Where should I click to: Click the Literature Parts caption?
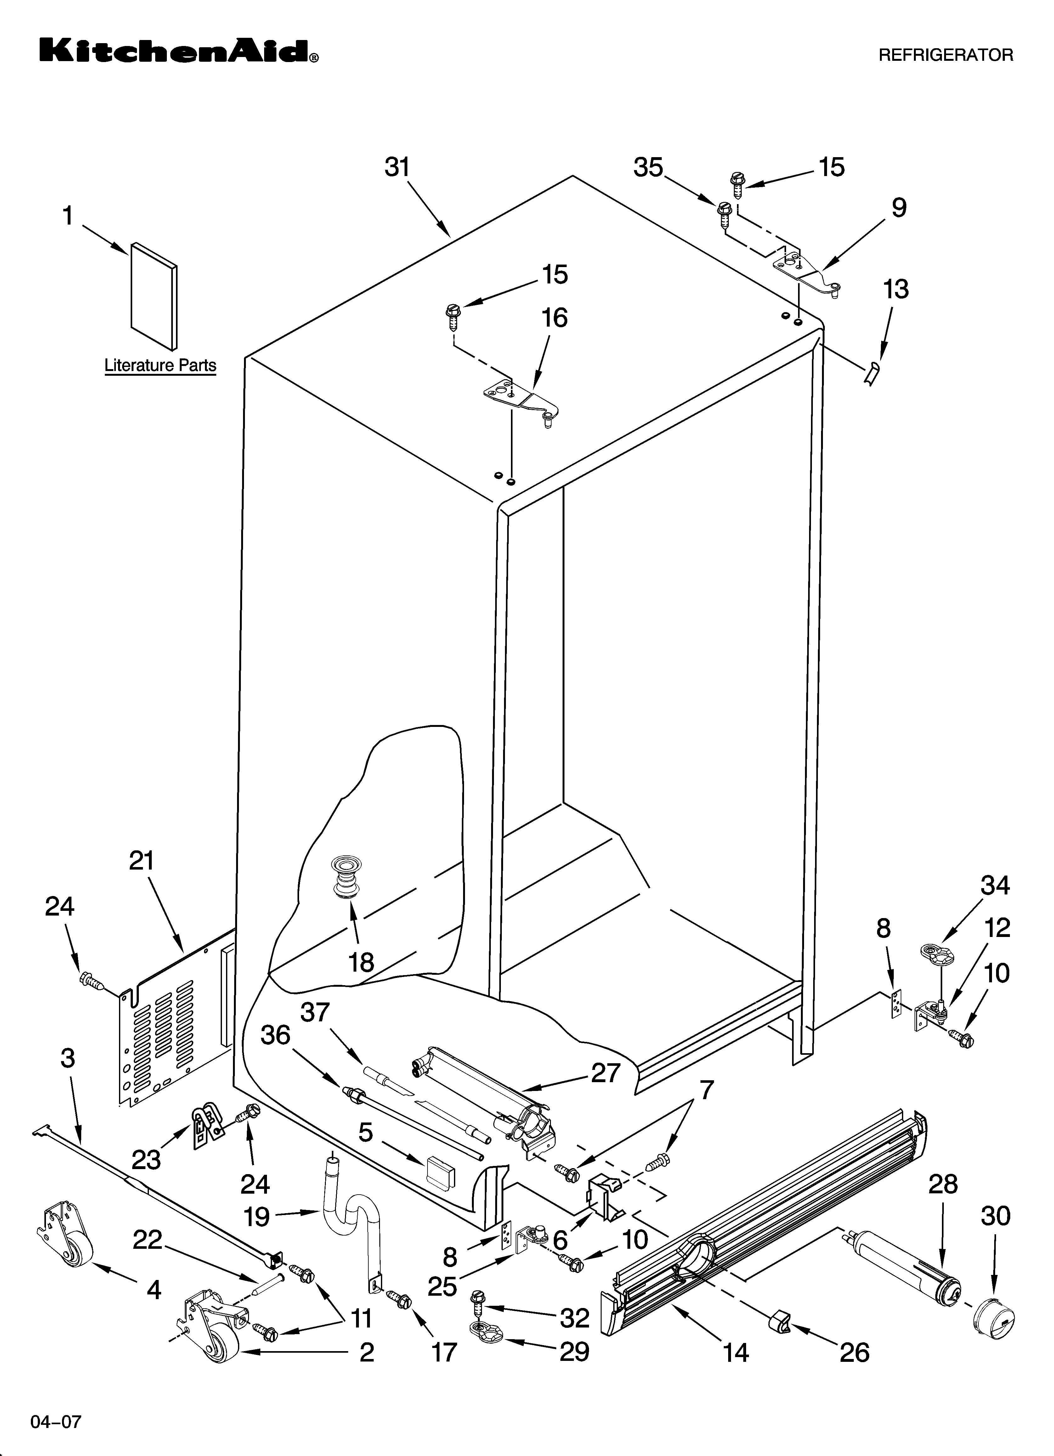(160, 365)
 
